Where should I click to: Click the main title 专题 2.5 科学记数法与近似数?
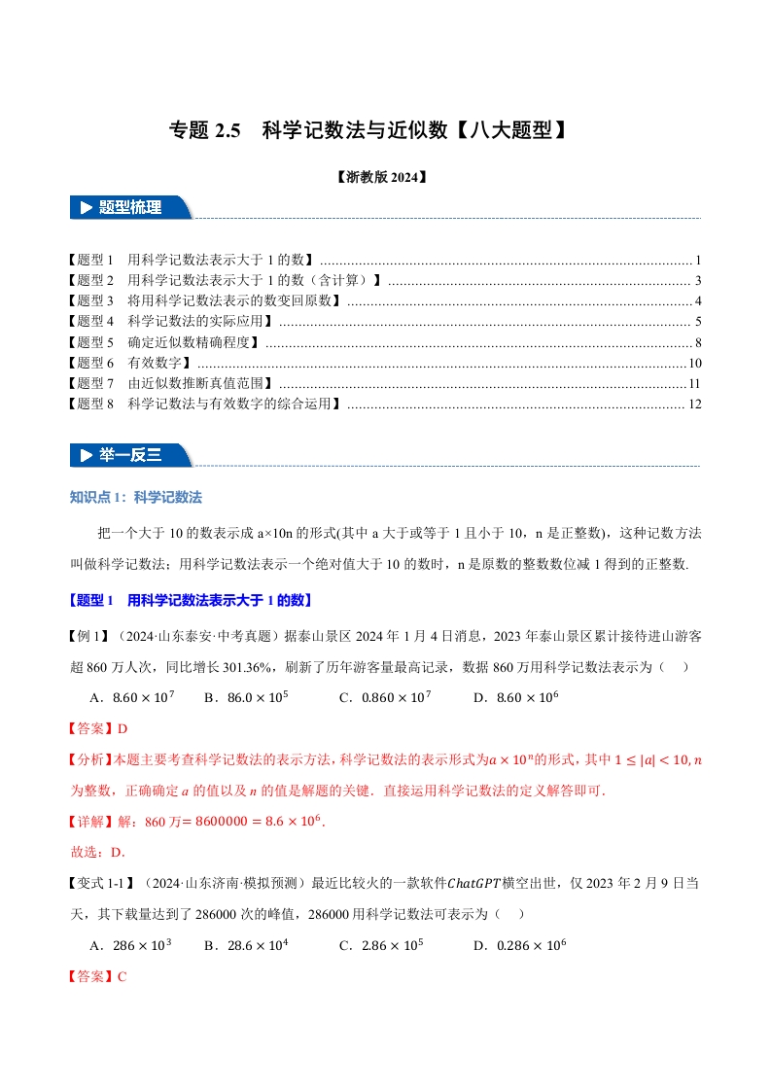tap(368, 129)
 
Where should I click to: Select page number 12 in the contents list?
tap(694, 405)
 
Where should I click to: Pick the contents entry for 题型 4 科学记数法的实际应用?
tap(171, 321)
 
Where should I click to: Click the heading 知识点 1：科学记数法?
tap(136, 497)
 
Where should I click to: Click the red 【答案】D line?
tap(97, 728)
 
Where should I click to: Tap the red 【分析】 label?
tap(91, 759)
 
